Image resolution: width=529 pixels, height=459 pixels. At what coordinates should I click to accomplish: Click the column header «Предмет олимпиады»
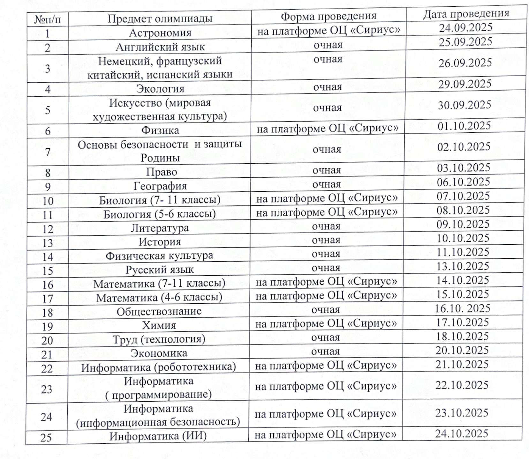click(160, 19)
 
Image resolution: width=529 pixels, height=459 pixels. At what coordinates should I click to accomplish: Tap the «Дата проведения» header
click(466, 14)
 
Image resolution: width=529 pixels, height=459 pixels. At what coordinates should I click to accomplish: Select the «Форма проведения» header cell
click(329, 16)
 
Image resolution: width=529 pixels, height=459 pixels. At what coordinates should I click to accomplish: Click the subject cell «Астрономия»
click(160, 33)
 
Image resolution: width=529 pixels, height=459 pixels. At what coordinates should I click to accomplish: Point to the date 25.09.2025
click(465, 42)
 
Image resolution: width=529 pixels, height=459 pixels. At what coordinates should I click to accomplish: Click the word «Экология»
click(160, 89)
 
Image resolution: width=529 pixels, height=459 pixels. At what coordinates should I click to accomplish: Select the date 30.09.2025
click(464, 105)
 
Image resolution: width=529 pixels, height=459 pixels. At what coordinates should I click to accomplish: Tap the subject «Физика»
click(160, 130)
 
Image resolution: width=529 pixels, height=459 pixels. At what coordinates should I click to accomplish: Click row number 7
click(48, 152)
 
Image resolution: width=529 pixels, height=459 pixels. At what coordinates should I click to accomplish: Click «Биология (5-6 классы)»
click(160, 214)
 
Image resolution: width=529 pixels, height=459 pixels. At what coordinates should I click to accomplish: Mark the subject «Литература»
click(160, 228)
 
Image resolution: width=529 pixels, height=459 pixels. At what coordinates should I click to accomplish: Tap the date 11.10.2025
click(463, 252)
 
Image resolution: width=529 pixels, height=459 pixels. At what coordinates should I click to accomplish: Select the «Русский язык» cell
click(159, 270)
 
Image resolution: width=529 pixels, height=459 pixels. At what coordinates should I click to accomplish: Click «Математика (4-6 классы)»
click(159, 298)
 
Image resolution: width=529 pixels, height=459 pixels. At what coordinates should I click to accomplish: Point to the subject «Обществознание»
click(159, 311)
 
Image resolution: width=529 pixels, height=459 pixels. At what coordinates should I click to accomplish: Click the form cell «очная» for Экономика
click(325, 352)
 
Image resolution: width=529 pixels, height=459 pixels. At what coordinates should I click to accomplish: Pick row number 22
click(47, 369)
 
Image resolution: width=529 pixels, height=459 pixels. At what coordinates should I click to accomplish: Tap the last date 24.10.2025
click(462, 434)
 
